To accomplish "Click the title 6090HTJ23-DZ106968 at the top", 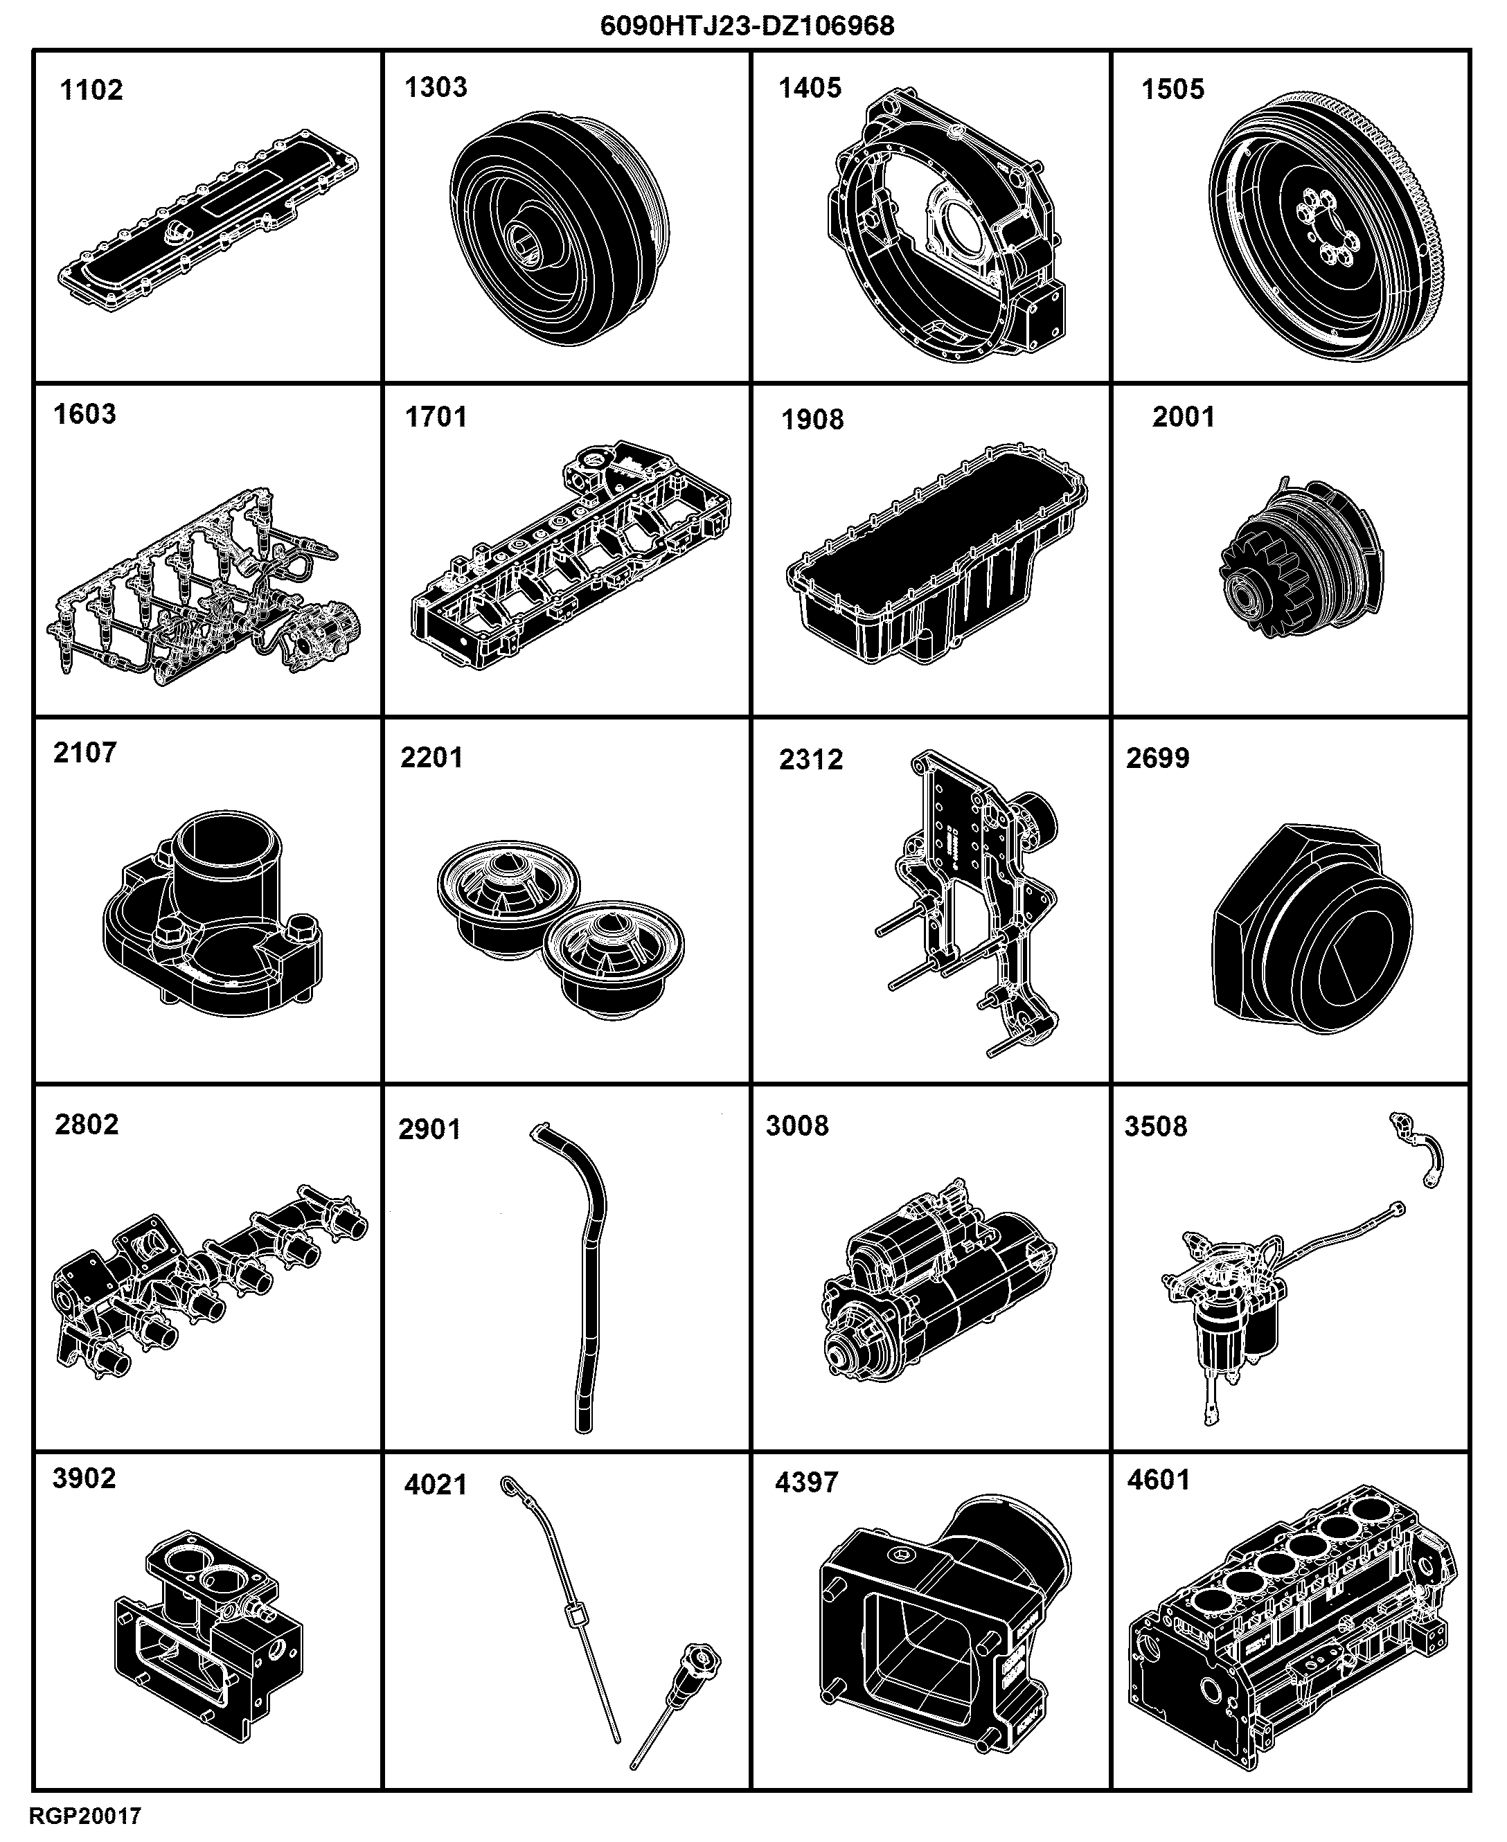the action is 747,26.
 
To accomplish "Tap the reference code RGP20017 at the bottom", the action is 85,1815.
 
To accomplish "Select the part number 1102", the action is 91,90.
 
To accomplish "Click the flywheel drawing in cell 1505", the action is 1333,225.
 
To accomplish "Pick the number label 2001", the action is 1183,417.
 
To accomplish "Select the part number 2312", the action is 811,760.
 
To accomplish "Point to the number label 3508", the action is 1155,1126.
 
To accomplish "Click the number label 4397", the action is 806,1482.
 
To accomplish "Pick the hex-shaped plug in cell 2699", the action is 1312,929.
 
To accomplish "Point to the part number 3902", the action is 84,1478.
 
